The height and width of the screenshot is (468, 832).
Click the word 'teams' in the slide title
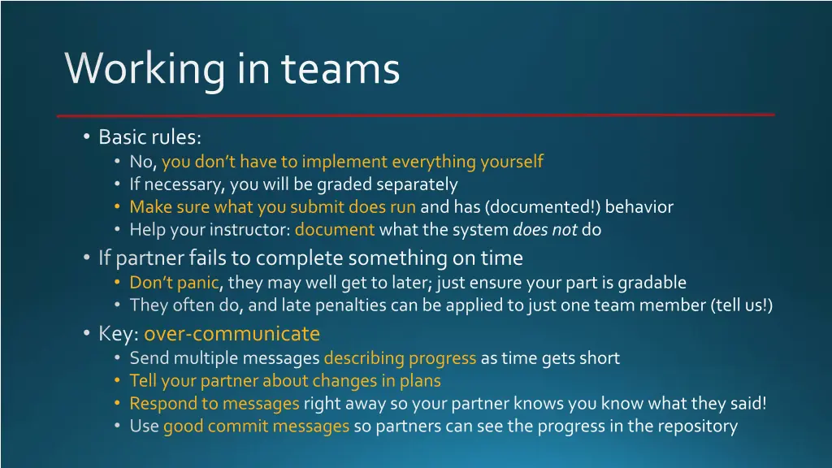pyautogui.click(x=341, y=68)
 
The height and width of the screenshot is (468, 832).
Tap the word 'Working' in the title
pyautogui.click(x=145, y=68)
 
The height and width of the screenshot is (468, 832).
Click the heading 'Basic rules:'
pyautogui.click(x=149, y=136)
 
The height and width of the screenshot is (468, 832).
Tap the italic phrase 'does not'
pyautogui.click(x=545, y=230)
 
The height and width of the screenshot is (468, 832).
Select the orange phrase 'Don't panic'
pyautogui.click(x=174, y=283)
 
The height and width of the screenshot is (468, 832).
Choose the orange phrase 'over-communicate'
pyautogui.click(x=232, y=334)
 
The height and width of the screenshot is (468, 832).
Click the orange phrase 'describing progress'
pyautogui.click(x=400, y=357)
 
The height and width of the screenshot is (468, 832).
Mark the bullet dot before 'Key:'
pyautogui.click(x=87, y=334)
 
